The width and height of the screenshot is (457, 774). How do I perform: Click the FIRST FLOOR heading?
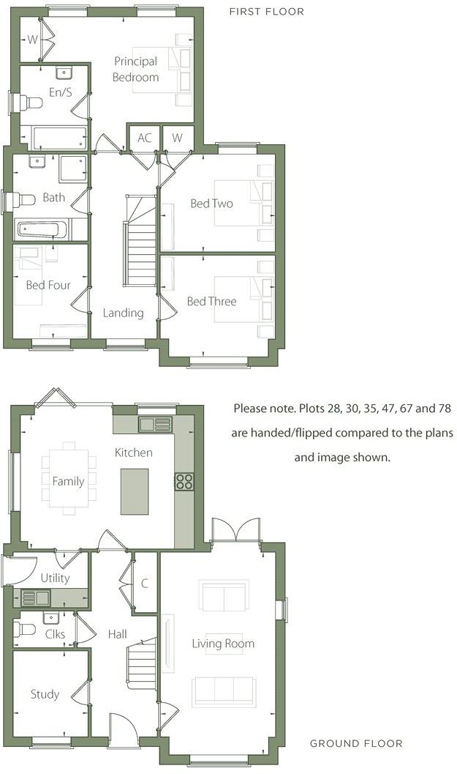coord(266,12)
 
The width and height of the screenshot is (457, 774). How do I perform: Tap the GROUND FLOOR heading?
coord(356,743)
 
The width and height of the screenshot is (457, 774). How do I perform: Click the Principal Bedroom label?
coord(135,70)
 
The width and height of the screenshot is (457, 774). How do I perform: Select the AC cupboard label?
coord(144,138)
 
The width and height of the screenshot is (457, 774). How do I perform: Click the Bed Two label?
coord(211,204)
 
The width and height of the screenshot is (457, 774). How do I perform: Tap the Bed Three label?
coord(211,301)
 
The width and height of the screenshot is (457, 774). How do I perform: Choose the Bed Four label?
coord(48,285)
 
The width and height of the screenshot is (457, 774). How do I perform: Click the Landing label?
coord(123,313)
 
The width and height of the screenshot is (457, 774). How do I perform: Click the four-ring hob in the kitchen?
coord(184,481)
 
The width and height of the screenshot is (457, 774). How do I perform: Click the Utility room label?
coord(55,578)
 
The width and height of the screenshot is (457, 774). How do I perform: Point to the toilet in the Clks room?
coord(27,628)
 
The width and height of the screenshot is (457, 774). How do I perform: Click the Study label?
coord(45,694)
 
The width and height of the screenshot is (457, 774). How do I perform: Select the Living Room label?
coord(223,644)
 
